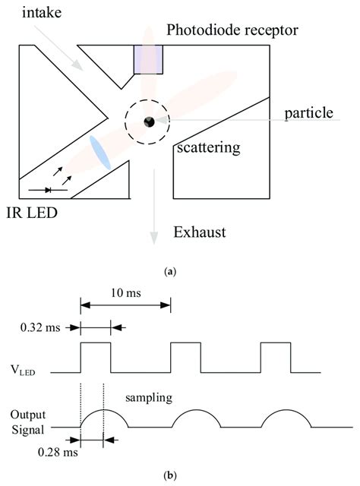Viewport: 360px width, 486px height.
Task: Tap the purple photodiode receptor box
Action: coord(148,58)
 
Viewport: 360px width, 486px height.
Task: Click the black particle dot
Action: coord(150,121)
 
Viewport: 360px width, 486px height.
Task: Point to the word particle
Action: coord(309,113)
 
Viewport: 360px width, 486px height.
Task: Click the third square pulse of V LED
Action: coord(276,357)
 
